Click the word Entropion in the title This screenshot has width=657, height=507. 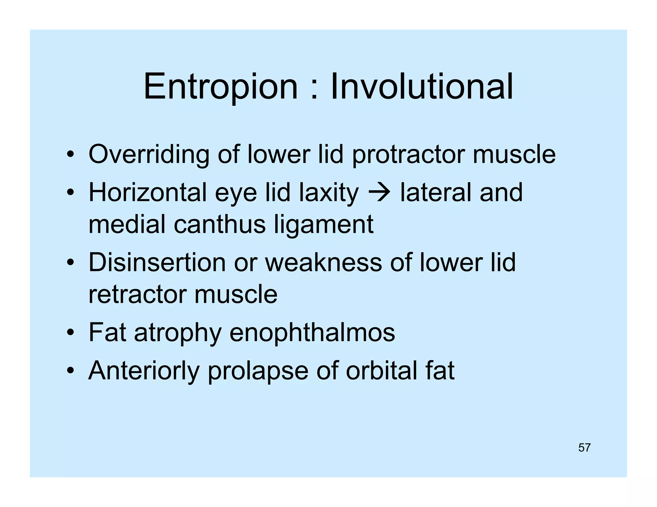[x=221, y=87]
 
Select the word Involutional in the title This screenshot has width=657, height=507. [x=422, y=87]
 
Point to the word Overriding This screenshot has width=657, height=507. [x=149, y=154]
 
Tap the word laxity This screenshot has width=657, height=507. [x=328, y=193]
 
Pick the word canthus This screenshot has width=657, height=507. [x=220, y=224]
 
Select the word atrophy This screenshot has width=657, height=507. [x=178, y=333]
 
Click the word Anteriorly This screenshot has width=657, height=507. [x=144, y=371]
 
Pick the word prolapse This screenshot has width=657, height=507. [x=258, y=371]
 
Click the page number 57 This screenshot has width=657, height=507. [x=584, y=447]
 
